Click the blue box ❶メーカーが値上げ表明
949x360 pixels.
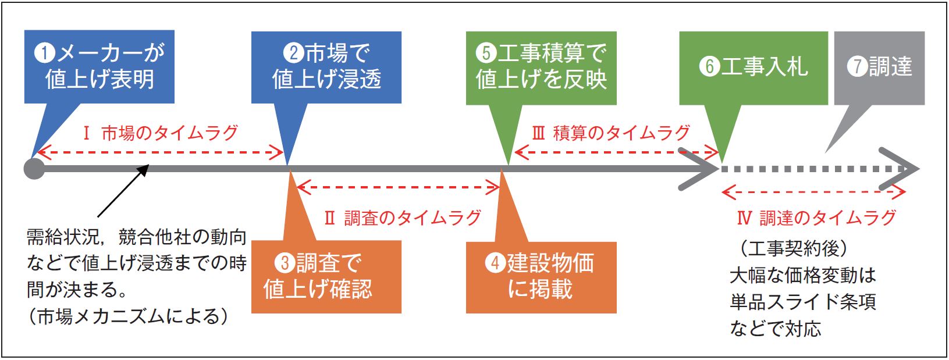coord(99,66)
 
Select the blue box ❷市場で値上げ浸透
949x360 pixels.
coord(326,67)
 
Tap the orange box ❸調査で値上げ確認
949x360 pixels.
coord(326,277)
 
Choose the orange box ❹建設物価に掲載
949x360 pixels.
coord(541,277)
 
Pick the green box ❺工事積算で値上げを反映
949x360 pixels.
coord(541,68)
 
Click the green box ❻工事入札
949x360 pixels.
coord(753,68)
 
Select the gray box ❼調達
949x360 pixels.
coord(879,68)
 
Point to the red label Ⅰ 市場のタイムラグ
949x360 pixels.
coord(161,133)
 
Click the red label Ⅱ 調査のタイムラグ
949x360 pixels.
coord(403,218)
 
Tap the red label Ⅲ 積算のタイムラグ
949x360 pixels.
coord(612,133)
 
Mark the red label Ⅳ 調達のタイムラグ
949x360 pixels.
coord(816,218)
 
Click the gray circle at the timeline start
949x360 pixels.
coord(34,169)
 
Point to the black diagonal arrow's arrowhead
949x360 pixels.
coord(144,169)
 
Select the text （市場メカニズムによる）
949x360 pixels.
coord(127,316)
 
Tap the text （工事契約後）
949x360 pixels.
coord(794,248)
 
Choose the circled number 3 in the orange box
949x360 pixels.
coord(285,263)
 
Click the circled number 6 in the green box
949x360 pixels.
coord(710,66)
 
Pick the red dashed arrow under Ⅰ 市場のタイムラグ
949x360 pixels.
coord(161,152)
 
